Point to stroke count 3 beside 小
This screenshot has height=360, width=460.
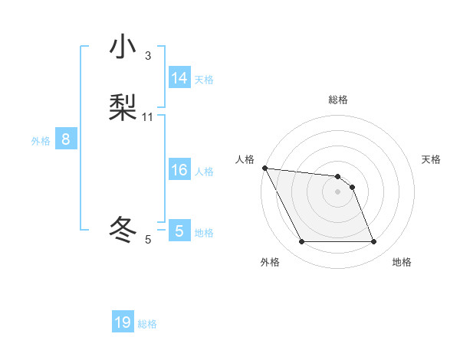coord(148,56)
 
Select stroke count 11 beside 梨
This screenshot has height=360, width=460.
coord(148,117)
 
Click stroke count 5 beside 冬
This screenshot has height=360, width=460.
coord(148,240)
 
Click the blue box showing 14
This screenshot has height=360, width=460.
coord(179,78)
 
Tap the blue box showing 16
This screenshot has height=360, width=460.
coord(179,170)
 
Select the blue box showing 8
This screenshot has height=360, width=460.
coord(66,139)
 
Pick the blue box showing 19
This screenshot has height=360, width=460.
coord(123,322)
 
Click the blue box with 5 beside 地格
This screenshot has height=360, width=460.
coord(179,231)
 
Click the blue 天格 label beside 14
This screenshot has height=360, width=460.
coord(204,80)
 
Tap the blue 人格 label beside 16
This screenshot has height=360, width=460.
coord(204,172)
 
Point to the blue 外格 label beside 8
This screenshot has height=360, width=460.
coord(41,141)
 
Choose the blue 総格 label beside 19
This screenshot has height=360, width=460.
coord(147,324)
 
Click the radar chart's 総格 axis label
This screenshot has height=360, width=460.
coord(338,100)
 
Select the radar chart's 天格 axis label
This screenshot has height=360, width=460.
coord(431,159)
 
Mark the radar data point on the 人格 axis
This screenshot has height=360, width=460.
coord(264,168)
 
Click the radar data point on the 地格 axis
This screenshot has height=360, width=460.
coord(373,242)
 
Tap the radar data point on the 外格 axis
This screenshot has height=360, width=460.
coord(301,242)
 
